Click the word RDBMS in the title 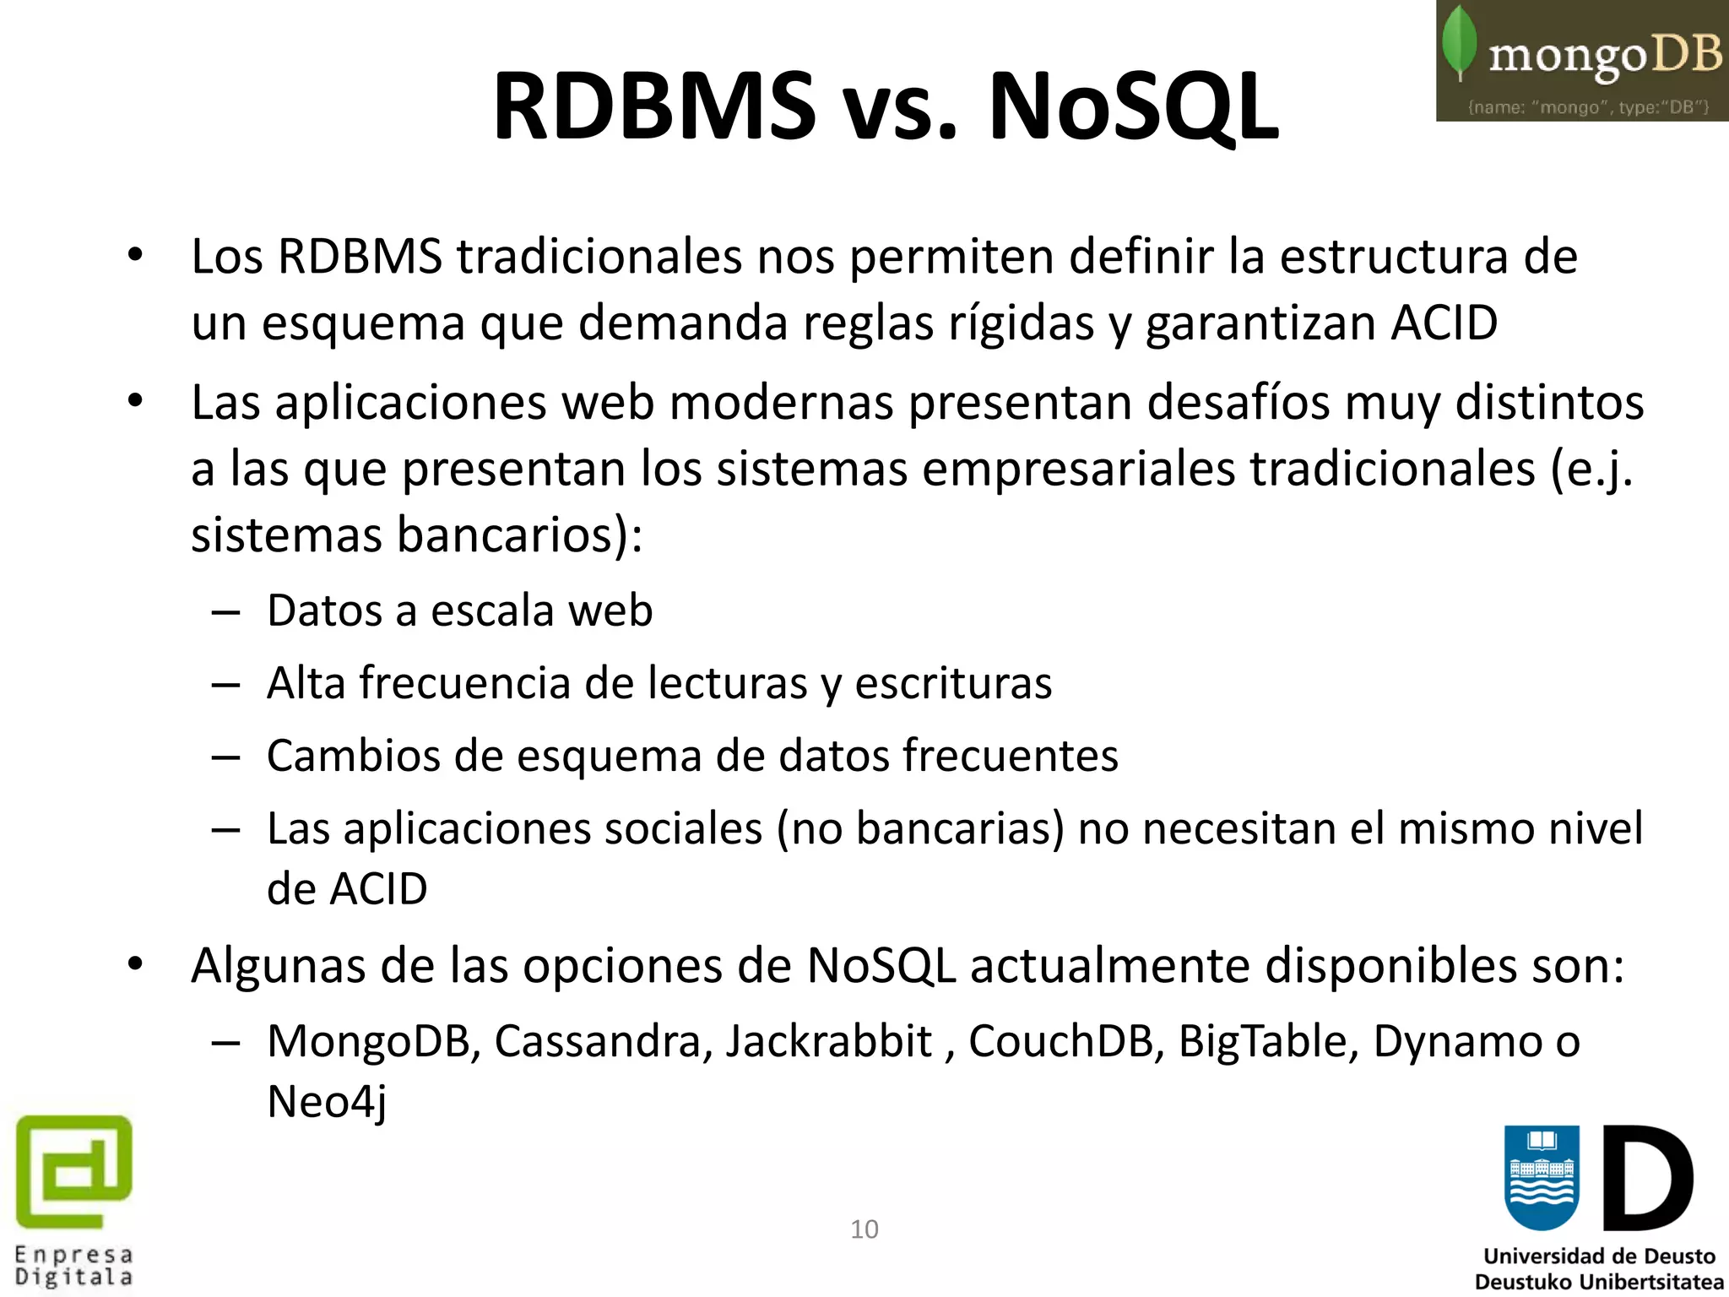654,106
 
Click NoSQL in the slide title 1134,106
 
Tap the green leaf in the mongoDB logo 1459,42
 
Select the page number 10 864,1229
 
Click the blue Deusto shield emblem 1541,1177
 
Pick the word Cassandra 599,1041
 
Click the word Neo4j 328,1102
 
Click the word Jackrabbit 829,1041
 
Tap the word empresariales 1079,469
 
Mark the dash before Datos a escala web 226,611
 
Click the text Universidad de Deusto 1599,1256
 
